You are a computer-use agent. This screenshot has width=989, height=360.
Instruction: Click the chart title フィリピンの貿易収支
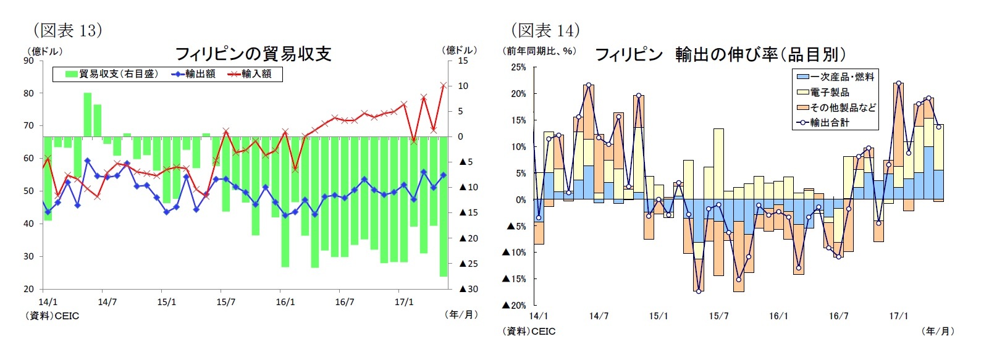coord(253,54)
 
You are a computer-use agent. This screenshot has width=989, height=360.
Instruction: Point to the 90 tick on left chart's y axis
coord(29,61)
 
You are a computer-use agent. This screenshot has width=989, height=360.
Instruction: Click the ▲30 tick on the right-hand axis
coord(469,289)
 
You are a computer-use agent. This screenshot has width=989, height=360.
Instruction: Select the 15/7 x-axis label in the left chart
coord(225,302)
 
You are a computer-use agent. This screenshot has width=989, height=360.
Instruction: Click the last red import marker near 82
coord(444,85)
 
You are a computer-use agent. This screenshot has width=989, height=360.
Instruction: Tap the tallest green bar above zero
coord(88,115)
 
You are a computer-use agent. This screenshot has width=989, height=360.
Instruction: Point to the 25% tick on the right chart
coord(518,67)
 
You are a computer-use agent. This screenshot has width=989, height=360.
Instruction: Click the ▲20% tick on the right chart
coord(515,305)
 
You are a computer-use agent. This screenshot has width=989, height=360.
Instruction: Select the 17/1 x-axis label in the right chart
coord(898,316)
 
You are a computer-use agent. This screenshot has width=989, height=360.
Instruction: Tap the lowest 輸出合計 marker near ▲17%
coord(699,291)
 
